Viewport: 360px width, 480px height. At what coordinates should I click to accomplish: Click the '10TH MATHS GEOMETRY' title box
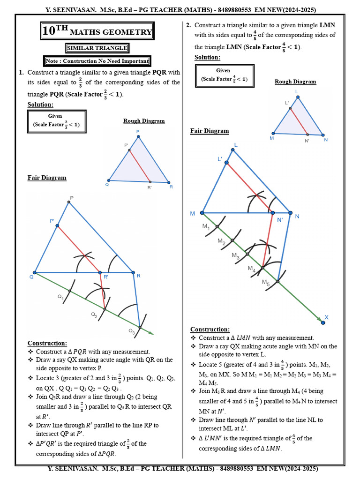[x=97, y=31]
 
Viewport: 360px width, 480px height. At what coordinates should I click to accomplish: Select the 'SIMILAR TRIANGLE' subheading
[x=97, y=48]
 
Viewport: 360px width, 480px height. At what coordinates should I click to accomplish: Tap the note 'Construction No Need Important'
[x=97, y=61]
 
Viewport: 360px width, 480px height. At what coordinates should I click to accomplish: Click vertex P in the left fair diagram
[x=69, y=202]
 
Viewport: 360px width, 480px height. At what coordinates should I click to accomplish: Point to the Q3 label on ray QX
[x=131, y=331]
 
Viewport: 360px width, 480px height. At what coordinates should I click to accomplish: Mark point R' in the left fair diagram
[x=100, y=272]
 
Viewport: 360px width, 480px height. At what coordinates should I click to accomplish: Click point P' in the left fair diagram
[x=57, y=226]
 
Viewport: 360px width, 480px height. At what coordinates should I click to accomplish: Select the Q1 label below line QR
[x=60, y=297]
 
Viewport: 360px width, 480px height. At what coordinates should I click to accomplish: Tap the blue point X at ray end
[x=323, y=322]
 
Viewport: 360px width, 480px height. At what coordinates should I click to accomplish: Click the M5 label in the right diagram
[x=265, y=283]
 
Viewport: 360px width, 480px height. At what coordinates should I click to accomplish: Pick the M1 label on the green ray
[x=206, y=226]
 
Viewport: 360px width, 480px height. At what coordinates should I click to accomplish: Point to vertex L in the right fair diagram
[x=233, y=150]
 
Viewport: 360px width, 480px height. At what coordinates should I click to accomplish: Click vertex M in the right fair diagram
[x=202, y=213]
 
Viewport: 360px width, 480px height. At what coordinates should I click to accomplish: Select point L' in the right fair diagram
[x=226, y=163]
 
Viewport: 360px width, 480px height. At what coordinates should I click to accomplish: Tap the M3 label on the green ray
[x=235, y=255]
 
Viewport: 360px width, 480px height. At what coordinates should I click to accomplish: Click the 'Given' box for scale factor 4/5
[x=223, y=75]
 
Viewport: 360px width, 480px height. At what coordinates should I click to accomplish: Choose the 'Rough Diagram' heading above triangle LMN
[x=295, y=82]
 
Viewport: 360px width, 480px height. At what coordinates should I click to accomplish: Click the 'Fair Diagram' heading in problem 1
[x=47, y=178]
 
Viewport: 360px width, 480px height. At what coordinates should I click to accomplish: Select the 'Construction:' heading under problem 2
[x=210, y=330]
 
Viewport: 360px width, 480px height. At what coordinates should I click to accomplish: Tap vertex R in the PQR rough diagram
[x=168, y=182]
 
